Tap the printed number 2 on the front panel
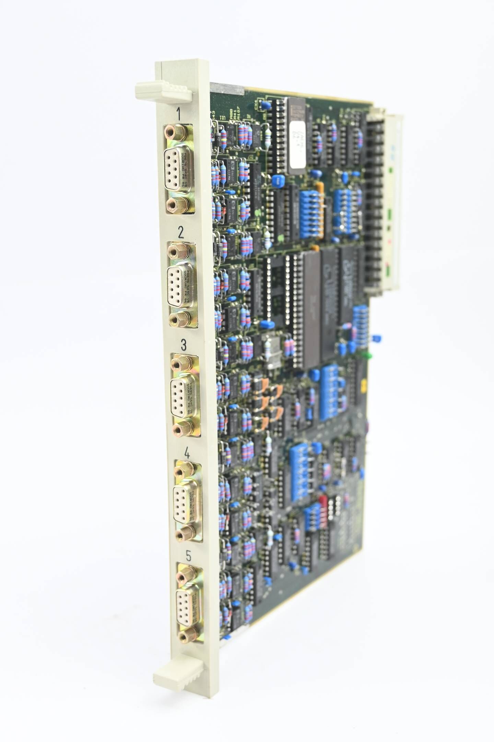pyautogui.click(x=181, y=233)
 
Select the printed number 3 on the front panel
pyautogui.click(x=184, y=344)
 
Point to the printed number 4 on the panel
pyautogui.click(x=187, y=454)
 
